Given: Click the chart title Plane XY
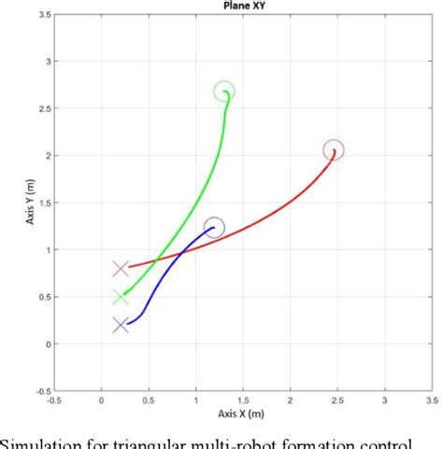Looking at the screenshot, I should (243, 6).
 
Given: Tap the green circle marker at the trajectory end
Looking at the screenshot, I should (224, 91).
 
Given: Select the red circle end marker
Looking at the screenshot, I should (334, 149).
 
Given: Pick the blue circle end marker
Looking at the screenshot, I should (214, 227).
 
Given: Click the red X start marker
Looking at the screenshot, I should (121, 269).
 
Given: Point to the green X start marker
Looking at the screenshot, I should (121, 297).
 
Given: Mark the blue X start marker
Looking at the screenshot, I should (121, 325).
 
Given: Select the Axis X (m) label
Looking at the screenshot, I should (243, 412).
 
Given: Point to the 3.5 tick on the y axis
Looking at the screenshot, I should (45, 14).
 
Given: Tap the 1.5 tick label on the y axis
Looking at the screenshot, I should (45, 203).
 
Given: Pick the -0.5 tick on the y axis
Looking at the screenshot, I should (43, 390).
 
